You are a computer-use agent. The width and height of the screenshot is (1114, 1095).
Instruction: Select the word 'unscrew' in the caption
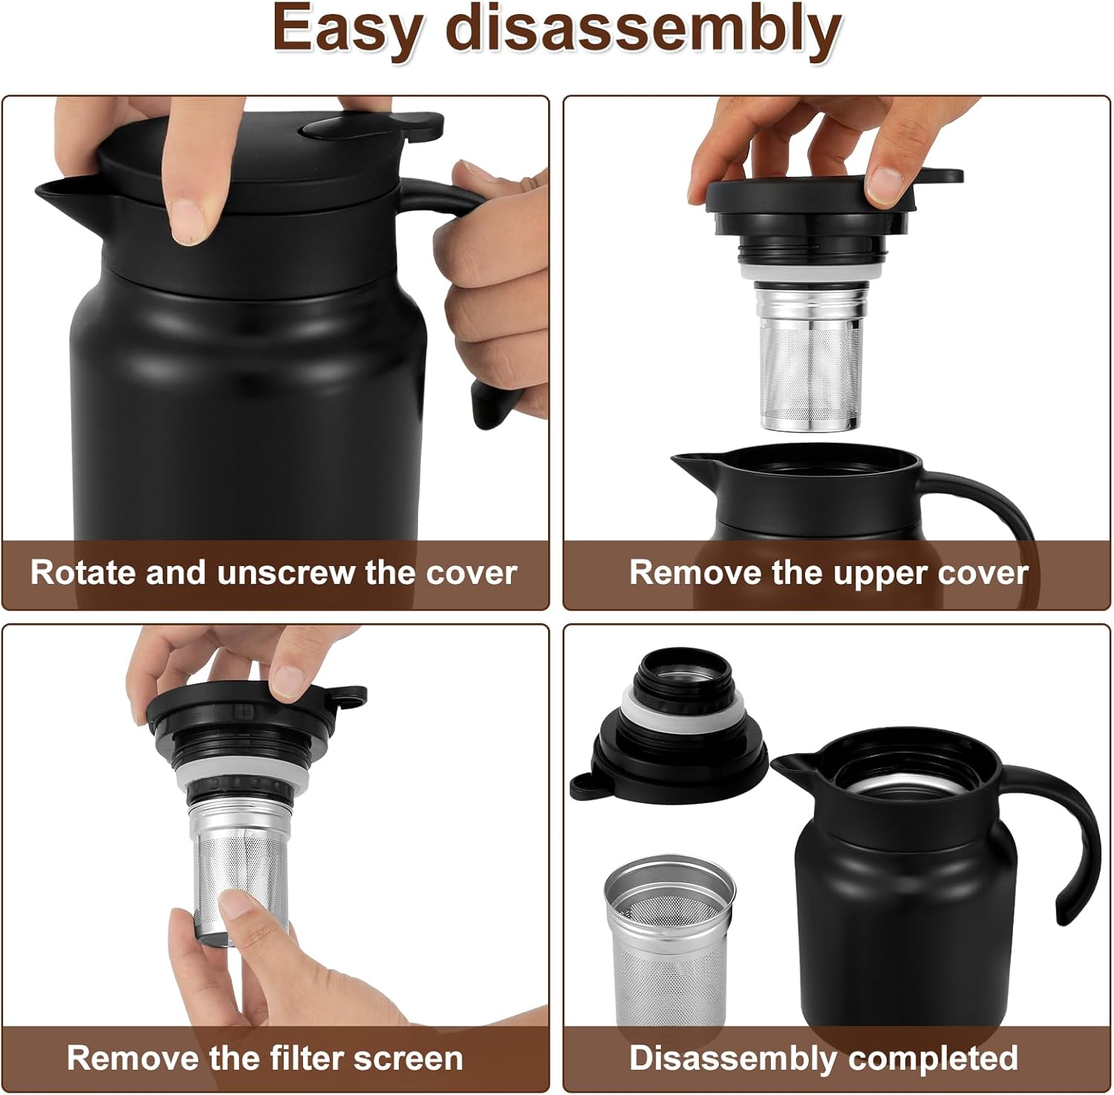point(287,573)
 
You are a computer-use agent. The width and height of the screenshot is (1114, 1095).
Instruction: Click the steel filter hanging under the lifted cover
point(811,357)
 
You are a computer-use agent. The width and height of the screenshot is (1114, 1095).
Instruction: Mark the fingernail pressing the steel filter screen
point(236,903)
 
